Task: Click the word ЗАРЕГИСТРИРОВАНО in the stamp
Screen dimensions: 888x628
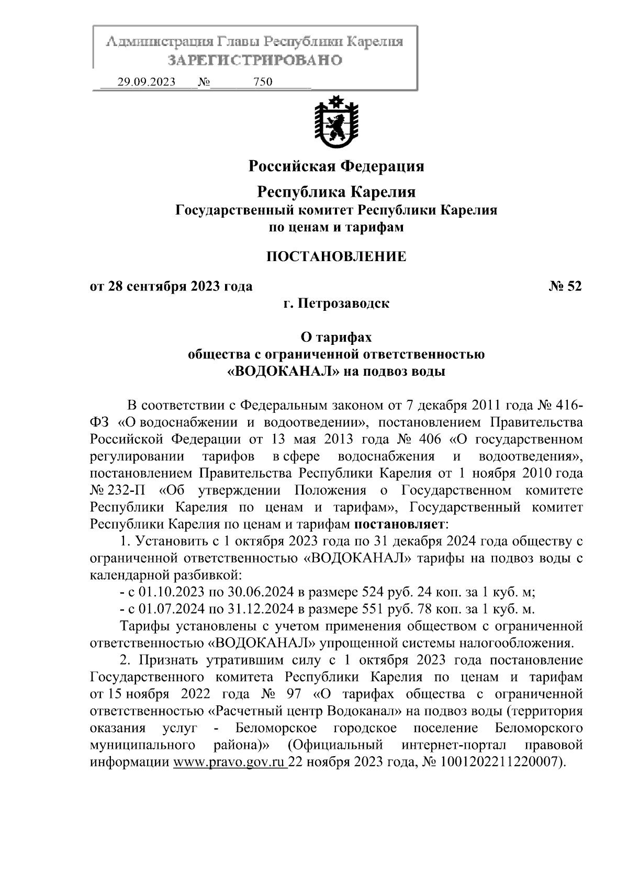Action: point(255,60)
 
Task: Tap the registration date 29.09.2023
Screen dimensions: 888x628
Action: point(146,82)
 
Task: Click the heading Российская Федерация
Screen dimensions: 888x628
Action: point(336,166)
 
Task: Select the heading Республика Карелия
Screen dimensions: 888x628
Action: point(336,192)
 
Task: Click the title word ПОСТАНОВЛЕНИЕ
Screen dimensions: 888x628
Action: point(336,256)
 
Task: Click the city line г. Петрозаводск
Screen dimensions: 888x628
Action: point(336,304)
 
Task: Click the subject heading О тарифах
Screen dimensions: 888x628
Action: point(336,338)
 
